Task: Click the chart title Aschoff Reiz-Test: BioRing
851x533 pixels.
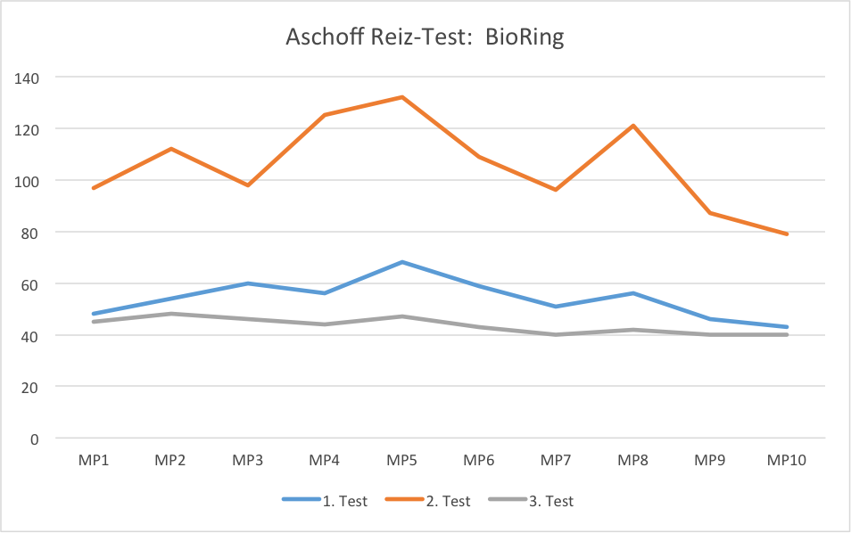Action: tap(425, 38)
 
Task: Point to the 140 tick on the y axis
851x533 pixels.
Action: tap(28, 78)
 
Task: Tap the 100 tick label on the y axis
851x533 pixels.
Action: tap(28, 181)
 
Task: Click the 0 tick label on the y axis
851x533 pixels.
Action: tap(36, 439)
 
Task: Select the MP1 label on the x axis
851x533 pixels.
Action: tap(93, 461)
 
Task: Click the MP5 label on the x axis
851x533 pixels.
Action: tap(401, 461)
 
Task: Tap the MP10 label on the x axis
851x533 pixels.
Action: tap(787, 461)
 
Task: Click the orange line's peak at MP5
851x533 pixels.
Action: tap(402, 97)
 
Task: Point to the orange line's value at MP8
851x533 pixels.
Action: tap(633, 126)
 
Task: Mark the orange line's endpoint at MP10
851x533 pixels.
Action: tap(787, 234)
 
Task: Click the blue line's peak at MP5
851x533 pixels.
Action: tap(402, 262)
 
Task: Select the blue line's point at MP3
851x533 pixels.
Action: tap(248, 283)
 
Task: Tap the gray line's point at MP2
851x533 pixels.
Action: tap(170, 314)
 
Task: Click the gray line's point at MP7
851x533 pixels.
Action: tap(556, 334)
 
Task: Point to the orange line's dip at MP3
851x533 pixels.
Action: tap(248, 185)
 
